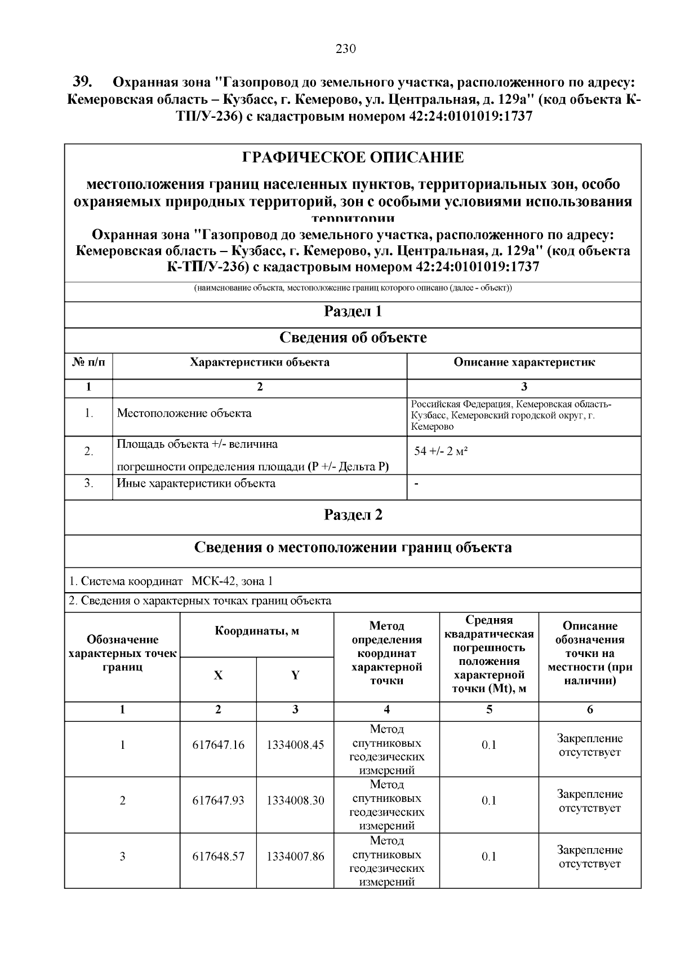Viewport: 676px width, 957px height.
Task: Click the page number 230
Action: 346,48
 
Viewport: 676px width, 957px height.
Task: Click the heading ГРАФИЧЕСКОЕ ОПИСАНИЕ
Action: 353,157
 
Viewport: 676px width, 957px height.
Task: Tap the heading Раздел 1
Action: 353,311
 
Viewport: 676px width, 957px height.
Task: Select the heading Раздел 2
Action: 353,515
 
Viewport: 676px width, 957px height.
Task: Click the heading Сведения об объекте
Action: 353,338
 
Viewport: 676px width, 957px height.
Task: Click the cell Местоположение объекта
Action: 184,413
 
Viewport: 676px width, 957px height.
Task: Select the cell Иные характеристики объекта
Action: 196,483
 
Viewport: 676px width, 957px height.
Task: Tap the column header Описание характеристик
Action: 524,362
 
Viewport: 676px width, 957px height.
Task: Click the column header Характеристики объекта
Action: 260,362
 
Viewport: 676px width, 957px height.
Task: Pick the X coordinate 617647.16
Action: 219,745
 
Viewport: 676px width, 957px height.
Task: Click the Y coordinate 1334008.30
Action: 295,800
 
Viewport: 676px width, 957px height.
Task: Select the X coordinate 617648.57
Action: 219,857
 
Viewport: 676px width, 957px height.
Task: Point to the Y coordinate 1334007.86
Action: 295,857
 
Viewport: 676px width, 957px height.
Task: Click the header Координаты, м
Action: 257,631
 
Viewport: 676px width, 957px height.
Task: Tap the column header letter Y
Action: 295,676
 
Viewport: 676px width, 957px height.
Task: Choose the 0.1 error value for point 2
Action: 489,800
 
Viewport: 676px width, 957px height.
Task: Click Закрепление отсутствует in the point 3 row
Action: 590,857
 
